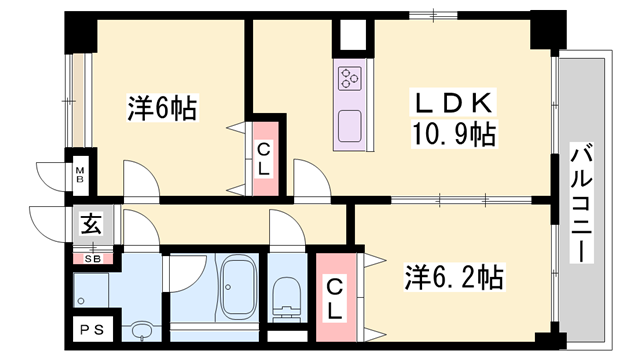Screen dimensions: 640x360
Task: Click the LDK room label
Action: click(451, 103)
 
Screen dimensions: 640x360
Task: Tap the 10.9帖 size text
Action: click(451, 133)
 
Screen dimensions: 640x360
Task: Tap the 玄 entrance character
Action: click(90, 225)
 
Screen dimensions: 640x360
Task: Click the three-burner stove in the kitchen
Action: click(350, 78)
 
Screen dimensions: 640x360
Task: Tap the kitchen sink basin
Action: click(350, 127)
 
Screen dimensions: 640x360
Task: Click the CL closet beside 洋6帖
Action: click(263, 159)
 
